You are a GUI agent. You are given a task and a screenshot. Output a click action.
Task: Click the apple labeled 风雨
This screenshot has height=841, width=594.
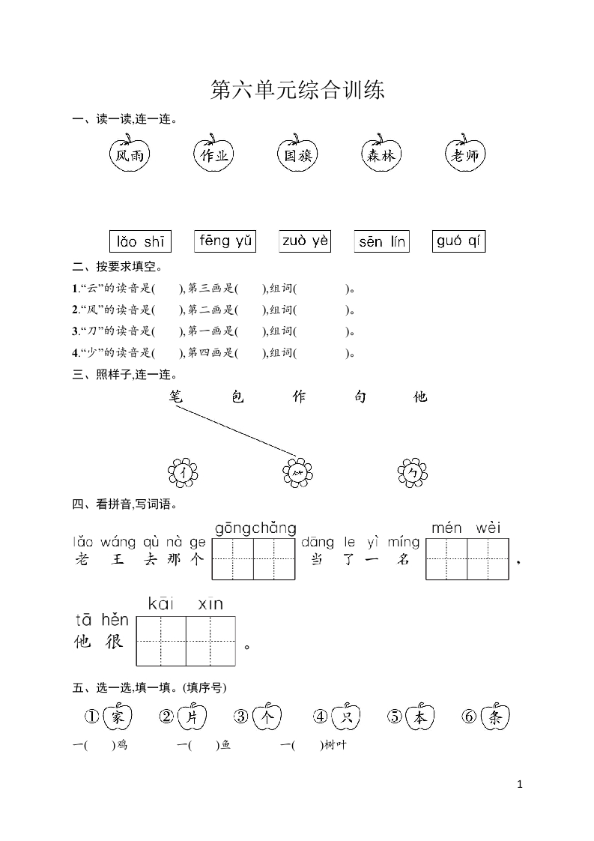(127, 155)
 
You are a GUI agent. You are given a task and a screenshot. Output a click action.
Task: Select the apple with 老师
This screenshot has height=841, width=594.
(465, 155)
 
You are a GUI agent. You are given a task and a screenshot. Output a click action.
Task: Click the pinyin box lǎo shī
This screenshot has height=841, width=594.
(140, 241)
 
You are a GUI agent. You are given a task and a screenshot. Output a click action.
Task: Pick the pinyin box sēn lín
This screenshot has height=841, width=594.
(381, 241)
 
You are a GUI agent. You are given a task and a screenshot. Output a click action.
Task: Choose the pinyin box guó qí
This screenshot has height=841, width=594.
(459, 241)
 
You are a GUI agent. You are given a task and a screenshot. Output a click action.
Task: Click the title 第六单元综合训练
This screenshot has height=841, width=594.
(297, 91)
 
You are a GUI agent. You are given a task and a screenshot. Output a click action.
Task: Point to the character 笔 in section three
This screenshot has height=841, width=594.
(176, 397)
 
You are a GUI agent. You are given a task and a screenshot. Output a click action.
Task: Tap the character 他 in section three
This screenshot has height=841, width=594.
(421, 397)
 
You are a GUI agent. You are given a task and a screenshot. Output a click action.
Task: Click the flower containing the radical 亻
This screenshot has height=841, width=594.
(183, 472)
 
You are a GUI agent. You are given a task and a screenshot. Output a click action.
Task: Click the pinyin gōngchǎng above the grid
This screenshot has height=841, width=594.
(255, 529)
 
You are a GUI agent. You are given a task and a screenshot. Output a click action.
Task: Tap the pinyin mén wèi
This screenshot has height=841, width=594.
(466, 528)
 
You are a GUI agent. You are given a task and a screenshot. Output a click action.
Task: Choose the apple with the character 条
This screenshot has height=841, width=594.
(494, 717)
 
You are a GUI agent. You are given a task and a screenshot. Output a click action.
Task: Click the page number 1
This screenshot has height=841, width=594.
(520, 784)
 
